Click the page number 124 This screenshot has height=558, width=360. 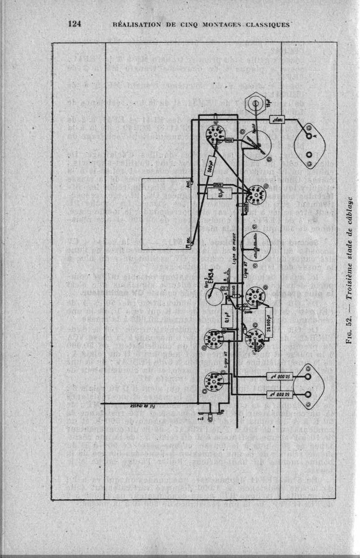74,24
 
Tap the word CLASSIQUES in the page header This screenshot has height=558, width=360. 267,25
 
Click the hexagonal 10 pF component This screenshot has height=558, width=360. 257,104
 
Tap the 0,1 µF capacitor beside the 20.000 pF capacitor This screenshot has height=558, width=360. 224,317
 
